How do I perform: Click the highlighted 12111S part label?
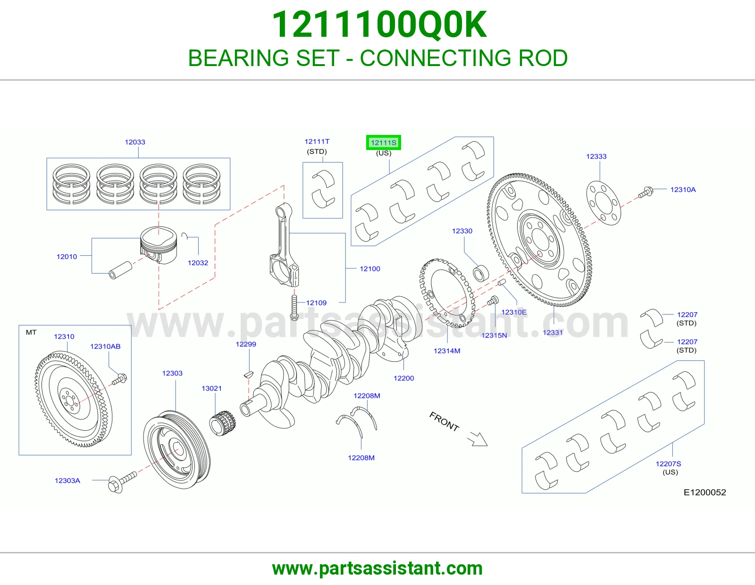[x=383, y=142]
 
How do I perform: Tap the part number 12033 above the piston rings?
[x=135, y=142]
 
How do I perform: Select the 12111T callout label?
[x=317, y=142]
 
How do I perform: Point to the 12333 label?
[x=596, y=156]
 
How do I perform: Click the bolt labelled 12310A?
[x=646, y=192]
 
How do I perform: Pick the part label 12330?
[x=462, y=231]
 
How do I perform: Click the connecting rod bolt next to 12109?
[x=294, y=308]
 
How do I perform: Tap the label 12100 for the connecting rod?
[x=370, y=269]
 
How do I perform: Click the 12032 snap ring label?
[x=198, y=263]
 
